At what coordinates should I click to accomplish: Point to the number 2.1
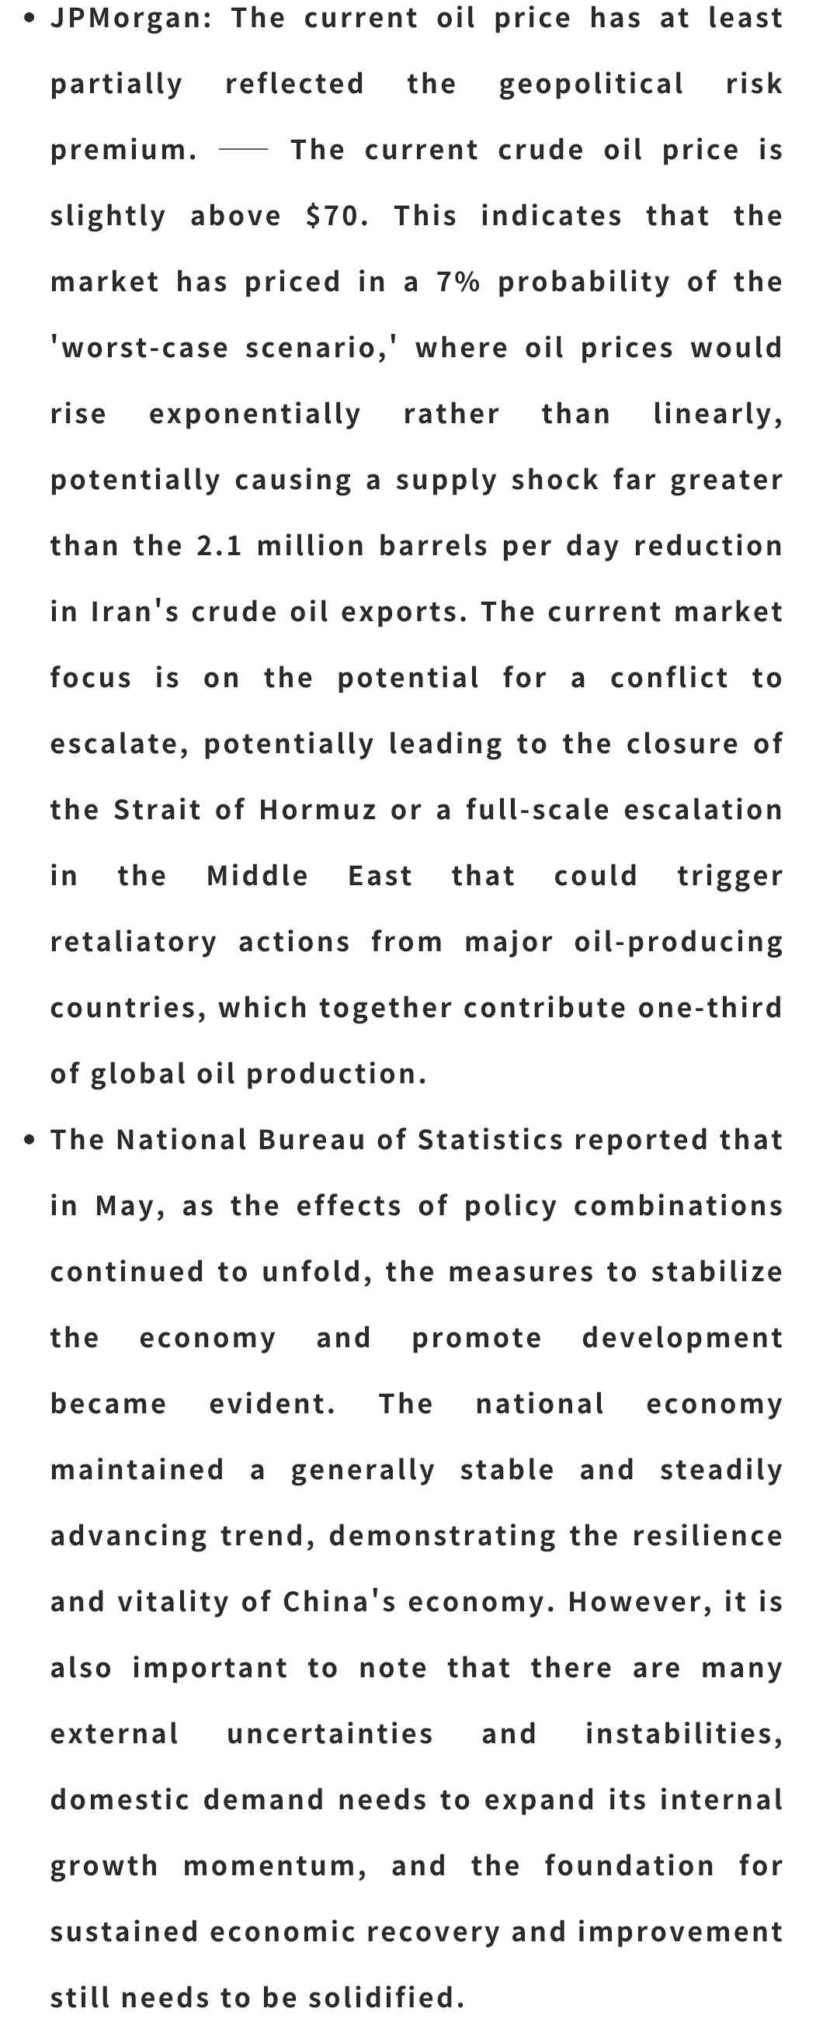[220, 546]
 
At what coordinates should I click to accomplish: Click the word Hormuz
[318, 810]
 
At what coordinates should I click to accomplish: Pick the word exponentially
[255, 414]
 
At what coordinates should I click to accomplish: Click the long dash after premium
[243, 149]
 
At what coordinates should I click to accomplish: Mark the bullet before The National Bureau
[30, 1140]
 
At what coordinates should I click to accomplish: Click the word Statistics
[491, 1140]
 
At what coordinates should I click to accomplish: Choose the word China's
[339, 1602]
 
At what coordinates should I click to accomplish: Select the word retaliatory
[134, 942]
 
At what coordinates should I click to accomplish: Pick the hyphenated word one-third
[710, 1007]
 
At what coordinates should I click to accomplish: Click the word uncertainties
[330, 1735]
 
